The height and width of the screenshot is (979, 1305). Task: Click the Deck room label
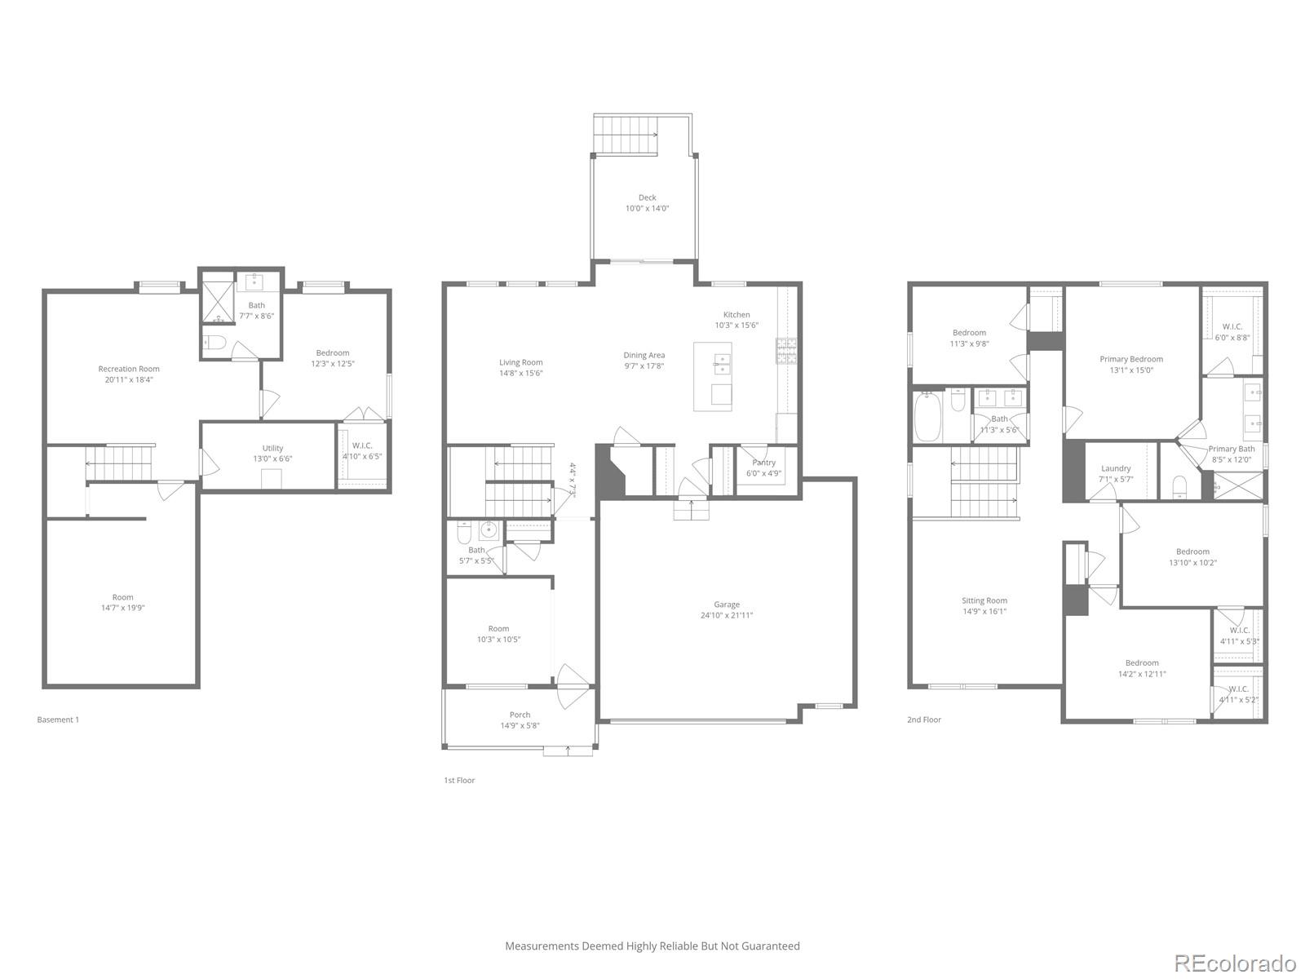pos(647,197)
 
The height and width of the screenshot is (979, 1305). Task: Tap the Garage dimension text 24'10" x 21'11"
pos(727,615)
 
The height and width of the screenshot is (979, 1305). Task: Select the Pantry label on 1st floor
pos(764,463)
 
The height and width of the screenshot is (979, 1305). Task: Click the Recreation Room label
pos(129,369)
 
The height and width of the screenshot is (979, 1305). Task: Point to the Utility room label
pos(272,448)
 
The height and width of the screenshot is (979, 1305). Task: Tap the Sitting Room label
pos(984,600)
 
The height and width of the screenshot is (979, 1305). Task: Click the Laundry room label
pos(1115,468)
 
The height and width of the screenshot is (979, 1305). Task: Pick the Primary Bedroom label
pos(1130,359)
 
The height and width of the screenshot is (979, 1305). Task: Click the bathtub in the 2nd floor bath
pos(927,417)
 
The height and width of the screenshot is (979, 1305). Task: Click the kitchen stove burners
pos(786,352)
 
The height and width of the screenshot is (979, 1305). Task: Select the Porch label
pos(520,715)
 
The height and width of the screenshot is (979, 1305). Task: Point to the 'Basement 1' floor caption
pos(58,720)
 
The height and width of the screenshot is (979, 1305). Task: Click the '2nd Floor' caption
pos(923,720)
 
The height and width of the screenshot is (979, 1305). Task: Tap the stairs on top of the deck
pos(626,134)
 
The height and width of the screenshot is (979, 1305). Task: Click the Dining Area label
pos(644,355)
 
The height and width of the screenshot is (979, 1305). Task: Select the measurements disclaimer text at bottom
pos(652,946)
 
